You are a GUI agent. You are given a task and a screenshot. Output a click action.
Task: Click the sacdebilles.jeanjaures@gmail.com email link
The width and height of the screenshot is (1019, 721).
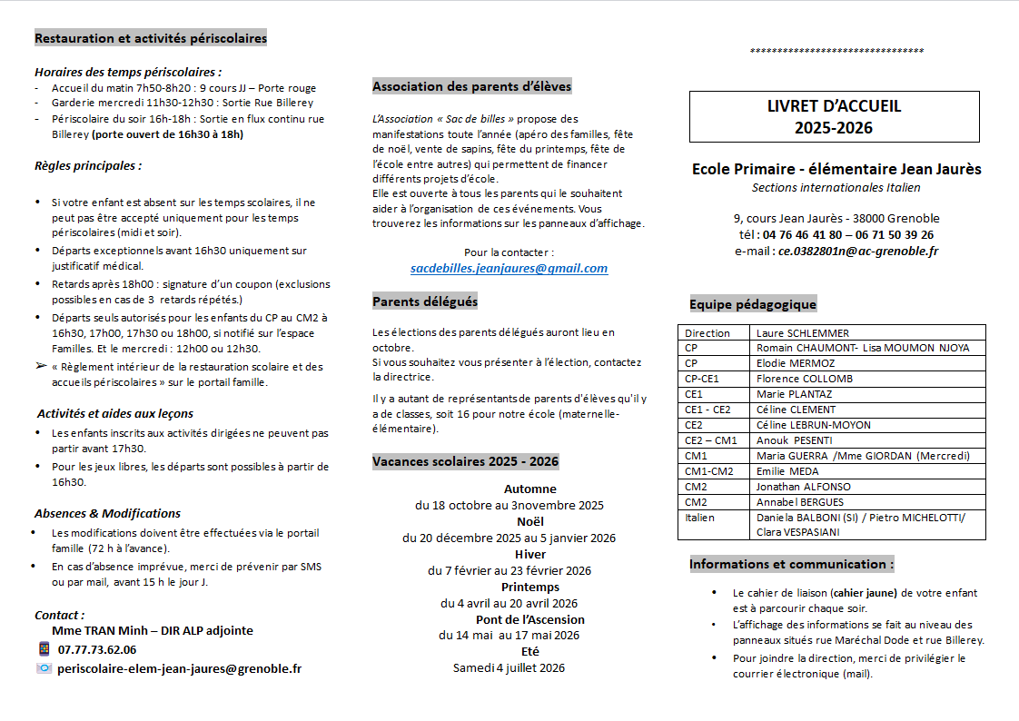click(x=509, y=269)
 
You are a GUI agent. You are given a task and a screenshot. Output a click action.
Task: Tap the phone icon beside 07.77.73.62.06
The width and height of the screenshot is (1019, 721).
click(x=44, y=649)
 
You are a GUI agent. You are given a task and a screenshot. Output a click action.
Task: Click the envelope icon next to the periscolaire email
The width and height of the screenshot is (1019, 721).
click(x=44, y=668)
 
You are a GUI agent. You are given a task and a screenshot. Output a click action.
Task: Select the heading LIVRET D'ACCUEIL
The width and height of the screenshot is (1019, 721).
click(x=834, y=106)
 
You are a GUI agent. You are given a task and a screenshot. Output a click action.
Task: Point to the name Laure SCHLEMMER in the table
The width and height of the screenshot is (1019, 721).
click(x=803, y=333)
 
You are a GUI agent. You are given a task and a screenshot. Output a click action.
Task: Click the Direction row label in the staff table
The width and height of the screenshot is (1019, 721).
click(x=707, y=333)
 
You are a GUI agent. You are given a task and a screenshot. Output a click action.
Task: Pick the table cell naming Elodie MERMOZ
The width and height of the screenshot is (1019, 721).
click(x=795, y=363)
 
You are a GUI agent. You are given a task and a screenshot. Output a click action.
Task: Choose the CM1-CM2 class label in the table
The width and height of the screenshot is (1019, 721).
click(x=709, y=471)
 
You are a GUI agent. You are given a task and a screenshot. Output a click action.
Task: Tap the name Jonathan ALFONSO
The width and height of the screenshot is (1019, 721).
click(x=804, y=487)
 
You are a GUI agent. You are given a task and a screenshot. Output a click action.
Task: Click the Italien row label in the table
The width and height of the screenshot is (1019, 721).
click(x=700, y=518)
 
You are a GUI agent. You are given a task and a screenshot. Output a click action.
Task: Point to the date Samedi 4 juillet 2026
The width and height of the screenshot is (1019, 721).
click(x=509, y=668)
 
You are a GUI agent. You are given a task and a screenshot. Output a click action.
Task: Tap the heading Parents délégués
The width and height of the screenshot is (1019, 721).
click(x=425, y=301)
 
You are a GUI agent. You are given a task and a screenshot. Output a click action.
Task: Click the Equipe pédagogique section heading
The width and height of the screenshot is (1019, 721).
click(x=753, y=304)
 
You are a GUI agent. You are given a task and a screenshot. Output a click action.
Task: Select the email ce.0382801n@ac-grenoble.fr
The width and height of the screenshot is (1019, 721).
click(x=858, y=251)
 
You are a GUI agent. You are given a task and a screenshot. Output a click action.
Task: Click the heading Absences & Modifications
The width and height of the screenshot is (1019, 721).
click(x=107, y=513)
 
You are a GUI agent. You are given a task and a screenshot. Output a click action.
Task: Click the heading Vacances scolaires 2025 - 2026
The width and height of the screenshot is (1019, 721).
click(x=465, y=461)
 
